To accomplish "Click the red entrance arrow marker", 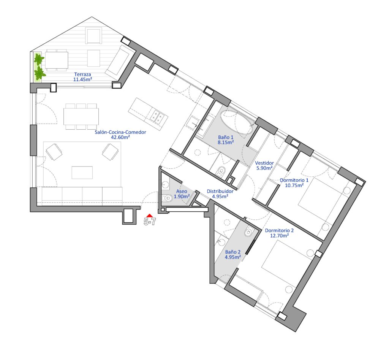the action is click(x=149, y=216).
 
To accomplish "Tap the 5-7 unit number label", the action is click(x=150, y=222).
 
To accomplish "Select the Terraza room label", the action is click(x=82, y=74).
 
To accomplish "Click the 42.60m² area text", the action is click(x=120, y=137).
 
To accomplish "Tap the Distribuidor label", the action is click(x=220, y=192).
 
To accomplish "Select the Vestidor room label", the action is click(x=264, y=163).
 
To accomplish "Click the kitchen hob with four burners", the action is click(x=158, y=117).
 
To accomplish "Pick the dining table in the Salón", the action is click(x=81, y=116).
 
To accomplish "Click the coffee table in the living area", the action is click(x=82, y=173).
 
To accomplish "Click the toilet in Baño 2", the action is click(x=248, y=232).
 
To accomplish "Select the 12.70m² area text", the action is click(x=279, y=236).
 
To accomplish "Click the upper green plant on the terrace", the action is click(x=39, y=60).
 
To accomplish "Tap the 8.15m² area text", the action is click(x=226, y=142).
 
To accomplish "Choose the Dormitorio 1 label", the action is click(x=294, y=180).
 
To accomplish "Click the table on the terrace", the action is click(x=57, y=60).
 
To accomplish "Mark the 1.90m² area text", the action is click(x=182, y=197).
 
